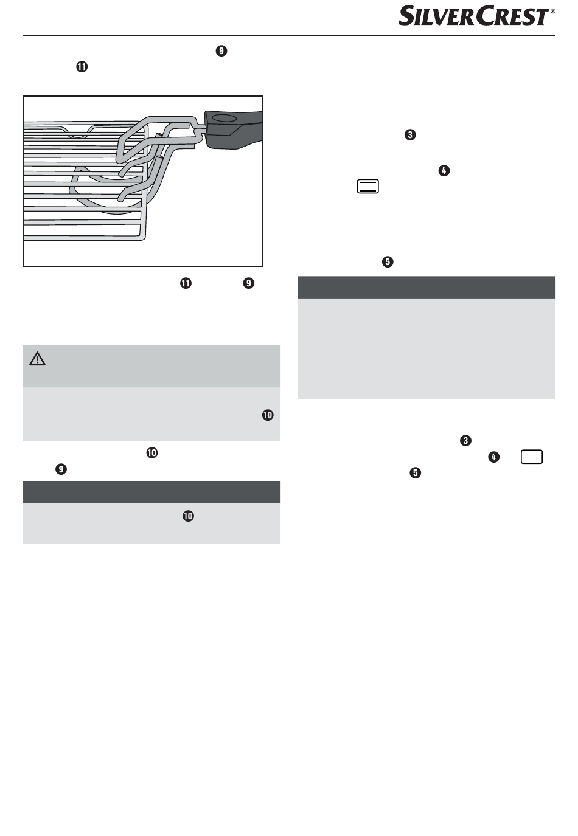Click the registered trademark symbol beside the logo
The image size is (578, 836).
click(553, 11)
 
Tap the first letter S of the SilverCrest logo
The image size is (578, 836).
click(406, 16)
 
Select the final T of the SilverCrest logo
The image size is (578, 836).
click(541, 17)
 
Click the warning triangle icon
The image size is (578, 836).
click(37, 359)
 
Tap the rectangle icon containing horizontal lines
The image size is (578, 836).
click(367, 186)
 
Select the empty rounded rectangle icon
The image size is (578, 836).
click(531, 457)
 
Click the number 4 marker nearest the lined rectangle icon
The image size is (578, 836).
click(444, 171)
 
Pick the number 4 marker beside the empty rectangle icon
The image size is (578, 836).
click(493, 457)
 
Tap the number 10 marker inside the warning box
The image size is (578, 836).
click(268, 415)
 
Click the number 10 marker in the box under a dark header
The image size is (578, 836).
click(188, 516)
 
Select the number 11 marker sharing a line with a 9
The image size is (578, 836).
click(186, 283)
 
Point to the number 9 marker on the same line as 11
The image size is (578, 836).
click(249, 283)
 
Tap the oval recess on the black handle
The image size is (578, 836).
click(224, 119)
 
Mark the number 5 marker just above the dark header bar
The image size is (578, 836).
click(388, 262)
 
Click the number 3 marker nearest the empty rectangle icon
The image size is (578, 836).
click(465, 440)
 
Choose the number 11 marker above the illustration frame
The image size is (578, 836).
click(82, 67)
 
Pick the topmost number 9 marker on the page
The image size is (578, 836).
click(221, 50)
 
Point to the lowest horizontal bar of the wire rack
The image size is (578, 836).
click(85, 237)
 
